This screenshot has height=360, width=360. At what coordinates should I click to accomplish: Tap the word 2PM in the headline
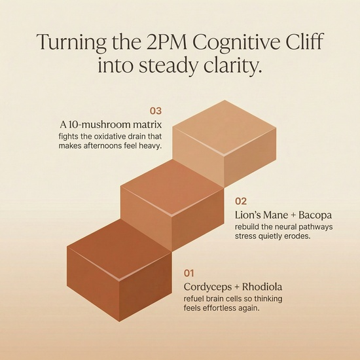tap(166, 42)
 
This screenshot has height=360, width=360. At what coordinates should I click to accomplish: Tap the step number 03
tap(156, 111)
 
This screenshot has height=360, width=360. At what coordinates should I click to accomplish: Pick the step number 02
tap(241, 201)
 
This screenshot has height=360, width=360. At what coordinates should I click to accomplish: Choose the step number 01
tap(189, 273)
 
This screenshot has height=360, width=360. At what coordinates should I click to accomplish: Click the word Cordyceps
tap(207, 287)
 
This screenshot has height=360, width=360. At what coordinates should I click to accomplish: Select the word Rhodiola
tap(262, 287)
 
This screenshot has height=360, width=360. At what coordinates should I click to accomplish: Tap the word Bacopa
tap(315, 215)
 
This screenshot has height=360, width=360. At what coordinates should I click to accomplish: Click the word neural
tap(279, 227)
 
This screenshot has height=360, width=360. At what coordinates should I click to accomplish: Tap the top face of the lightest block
tap(225, 128)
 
